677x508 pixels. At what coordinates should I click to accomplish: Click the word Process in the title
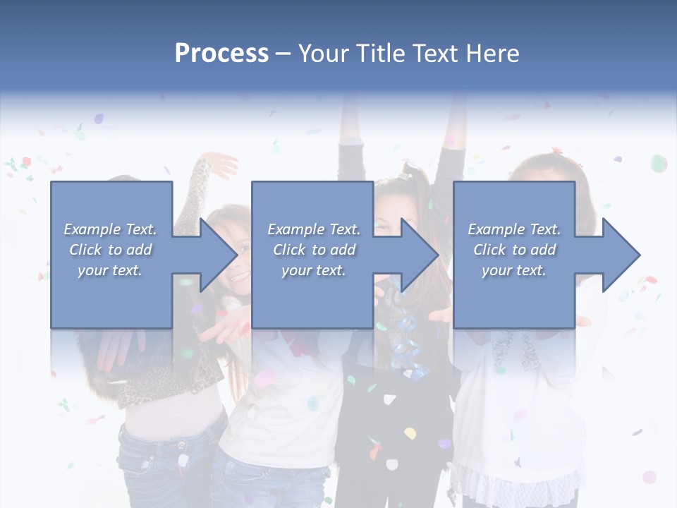click(x=221, y=54)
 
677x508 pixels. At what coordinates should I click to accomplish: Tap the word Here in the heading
click(x=493, y=54)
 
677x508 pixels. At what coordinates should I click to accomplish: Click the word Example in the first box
click(x=92, y=229)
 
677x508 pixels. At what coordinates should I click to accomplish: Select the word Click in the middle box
click(x=288, y=250)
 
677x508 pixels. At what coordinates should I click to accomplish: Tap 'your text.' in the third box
click(x=513, y=270)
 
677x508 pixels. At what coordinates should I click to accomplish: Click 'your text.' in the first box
click(x=110, y=270)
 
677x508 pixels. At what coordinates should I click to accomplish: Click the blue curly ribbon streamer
click(x=407, y=339)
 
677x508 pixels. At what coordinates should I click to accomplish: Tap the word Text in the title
click(x=434, y=54)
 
